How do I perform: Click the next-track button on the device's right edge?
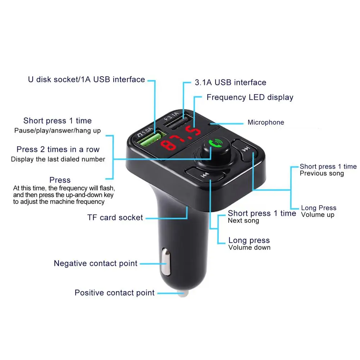[245, 149]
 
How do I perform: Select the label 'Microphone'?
[266, 122]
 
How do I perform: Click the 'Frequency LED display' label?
[250, 97]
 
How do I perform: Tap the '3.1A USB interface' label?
[231, 82]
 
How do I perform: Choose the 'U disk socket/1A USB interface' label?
[86, 79]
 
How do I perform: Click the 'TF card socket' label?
[115, 217]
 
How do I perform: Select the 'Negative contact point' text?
[96, 263]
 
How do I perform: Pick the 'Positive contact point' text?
[114, 293]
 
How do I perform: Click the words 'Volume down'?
[249, 247]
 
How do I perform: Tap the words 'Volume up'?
[318, 215]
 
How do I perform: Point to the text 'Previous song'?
[322, 173]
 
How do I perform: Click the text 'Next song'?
[243, 220]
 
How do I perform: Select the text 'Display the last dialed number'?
[58, 159]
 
